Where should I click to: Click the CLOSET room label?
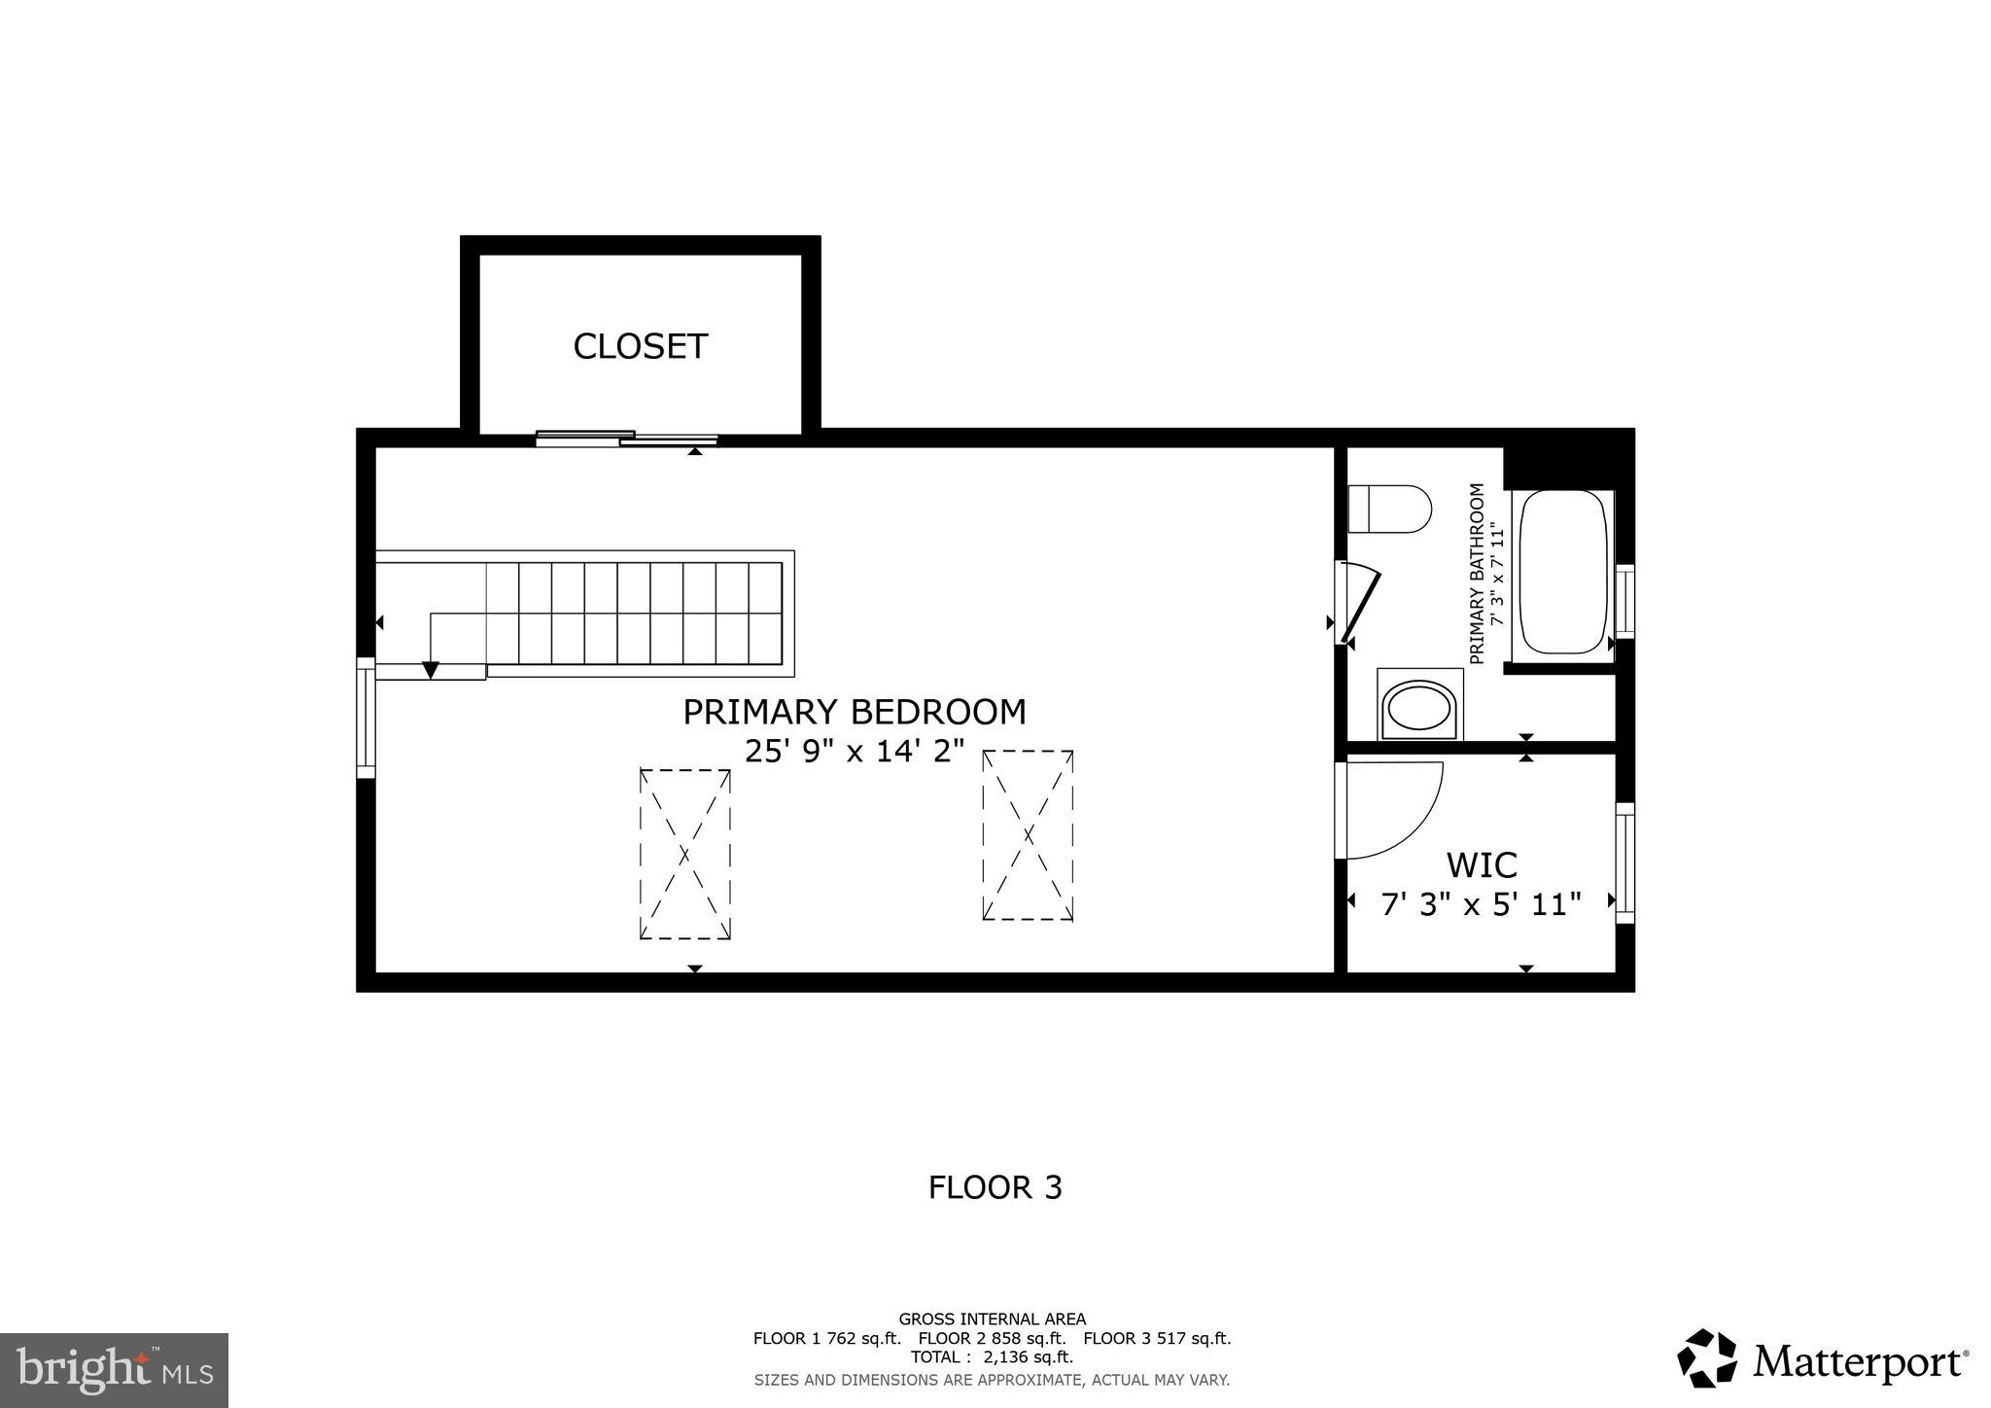640,347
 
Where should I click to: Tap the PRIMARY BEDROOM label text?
854,713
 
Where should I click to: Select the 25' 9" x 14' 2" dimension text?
854,752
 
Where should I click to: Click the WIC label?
1481,864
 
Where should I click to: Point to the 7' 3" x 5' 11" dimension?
1481,905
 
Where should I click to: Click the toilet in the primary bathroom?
1390,509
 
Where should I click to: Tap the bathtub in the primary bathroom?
1562,572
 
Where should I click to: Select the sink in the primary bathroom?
1420,705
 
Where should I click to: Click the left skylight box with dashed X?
684,854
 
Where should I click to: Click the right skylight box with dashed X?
1028,834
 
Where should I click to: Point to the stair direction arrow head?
430,670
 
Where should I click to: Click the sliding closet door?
627,439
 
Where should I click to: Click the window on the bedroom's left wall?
366,718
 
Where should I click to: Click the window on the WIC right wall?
1624,862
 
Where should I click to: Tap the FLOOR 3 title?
995,1187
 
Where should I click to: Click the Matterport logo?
1823,1358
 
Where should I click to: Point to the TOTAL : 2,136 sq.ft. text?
992,1357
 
